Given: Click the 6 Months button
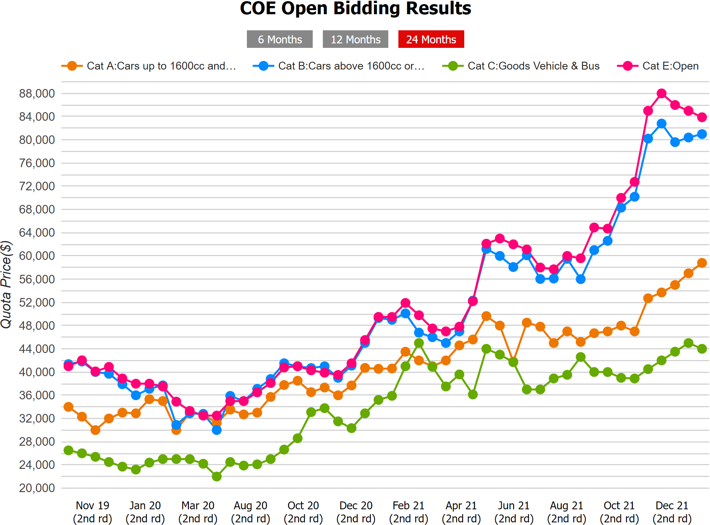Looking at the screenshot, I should coord(279,39).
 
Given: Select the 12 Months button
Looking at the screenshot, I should coord(355,39).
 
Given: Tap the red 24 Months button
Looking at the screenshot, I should coord(431,39).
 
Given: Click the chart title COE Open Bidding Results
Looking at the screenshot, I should coord(355,8).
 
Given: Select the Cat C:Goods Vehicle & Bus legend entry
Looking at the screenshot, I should coord(521,66).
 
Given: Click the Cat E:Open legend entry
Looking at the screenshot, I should coord(658,66).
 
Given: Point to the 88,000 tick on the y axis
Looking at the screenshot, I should coord(37,93).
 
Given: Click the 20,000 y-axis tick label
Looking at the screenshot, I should coord(37,488).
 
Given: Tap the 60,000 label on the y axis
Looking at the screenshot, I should coord(37,256).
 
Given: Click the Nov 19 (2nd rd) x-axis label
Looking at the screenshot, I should coord(92,512).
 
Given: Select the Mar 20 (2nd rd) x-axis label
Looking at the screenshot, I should coord(198,512).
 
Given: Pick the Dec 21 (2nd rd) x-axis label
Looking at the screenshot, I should coord(672,512).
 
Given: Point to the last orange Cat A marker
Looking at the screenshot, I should coord(702,263).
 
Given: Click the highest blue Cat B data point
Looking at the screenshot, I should coord(661,124).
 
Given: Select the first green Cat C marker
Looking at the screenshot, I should coord(68,450).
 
